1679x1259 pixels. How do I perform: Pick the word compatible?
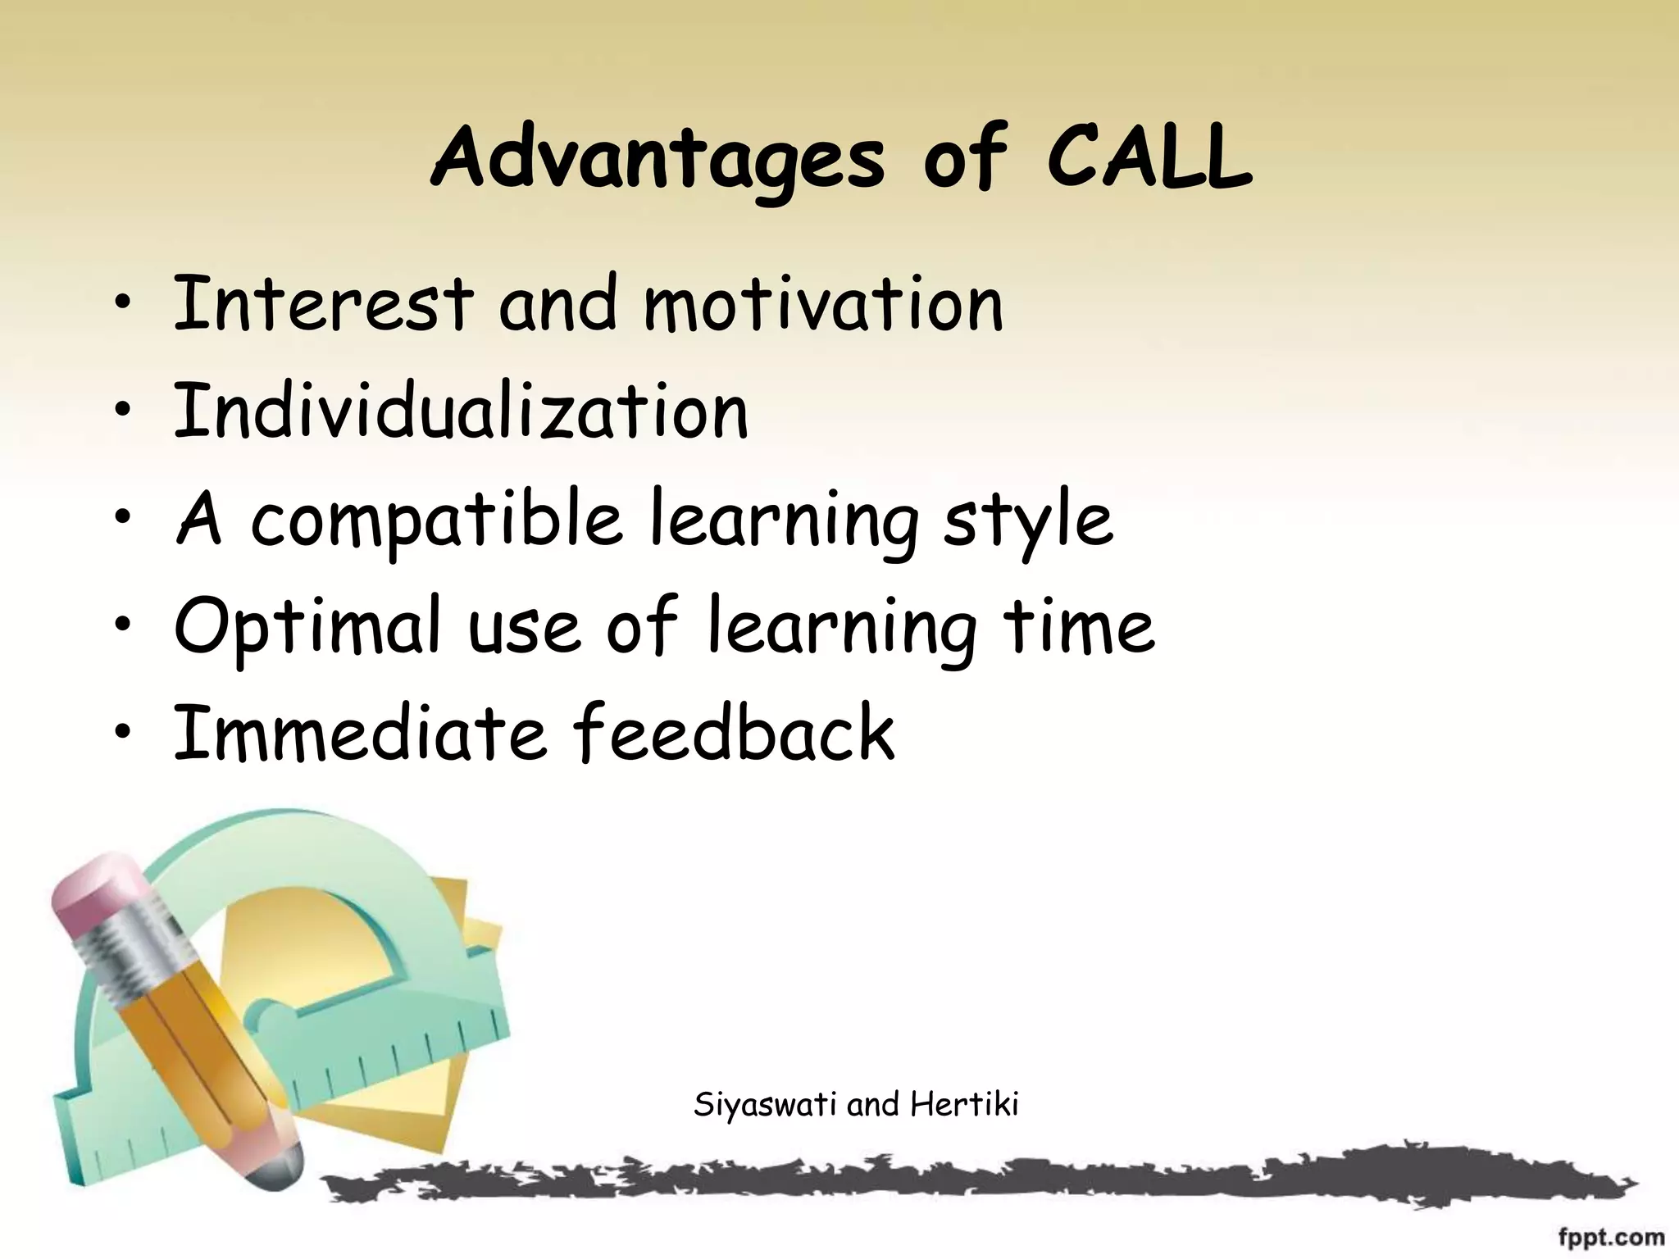[x=435, y=521]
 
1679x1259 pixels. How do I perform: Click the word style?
[x=1028, y=521]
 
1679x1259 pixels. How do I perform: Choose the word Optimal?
[x=307, y=627]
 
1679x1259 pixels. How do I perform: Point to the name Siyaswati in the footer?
[x=766, y=1105]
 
